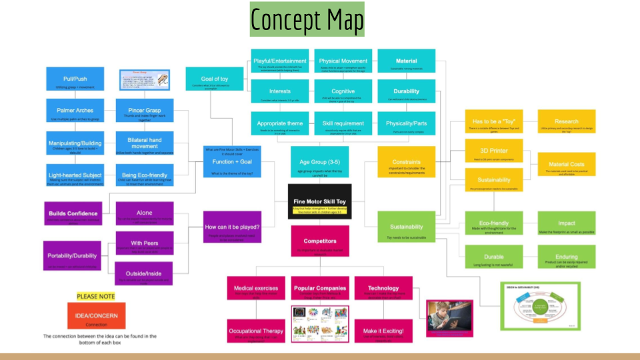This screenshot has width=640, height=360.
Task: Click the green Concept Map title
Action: pyautogui.click(x=307, y=20)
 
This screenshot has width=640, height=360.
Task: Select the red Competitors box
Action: pyautogui.click(x=319, y=243)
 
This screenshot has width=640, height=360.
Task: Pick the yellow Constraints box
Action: pyautogui.click(x=405, y=164)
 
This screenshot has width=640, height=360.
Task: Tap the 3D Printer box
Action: pyautogui.click(x=489, y=153)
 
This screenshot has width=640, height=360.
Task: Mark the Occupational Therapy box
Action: pyautogui.click(x=256, y=334)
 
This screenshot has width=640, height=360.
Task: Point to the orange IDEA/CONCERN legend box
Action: pyautogui.click(x=96, y=316)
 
